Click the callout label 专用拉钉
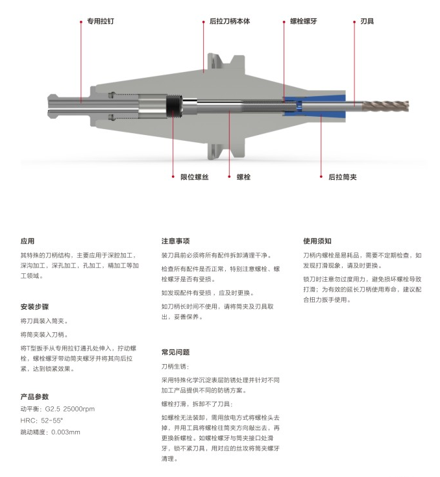click(101, 21)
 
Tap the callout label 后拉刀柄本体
click(230, 21)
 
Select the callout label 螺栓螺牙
click(303, 21)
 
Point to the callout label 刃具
click(367, 21)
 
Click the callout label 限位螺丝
click(195, 177)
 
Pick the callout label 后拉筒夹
click(342, 177)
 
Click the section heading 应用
click(27, 241)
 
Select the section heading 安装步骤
click(34, 306)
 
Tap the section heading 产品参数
click(34, 397)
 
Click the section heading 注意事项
click(176, 241)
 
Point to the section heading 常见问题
click(176, 352)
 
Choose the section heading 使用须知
click(317, 241)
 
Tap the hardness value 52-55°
click(52, 421)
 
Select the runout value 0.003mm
click(66, 432)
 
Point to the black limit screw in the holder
click(174, 106)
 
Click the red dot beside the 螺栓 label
click(230, 177)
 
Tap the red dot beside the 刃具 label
click(354, 22)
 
